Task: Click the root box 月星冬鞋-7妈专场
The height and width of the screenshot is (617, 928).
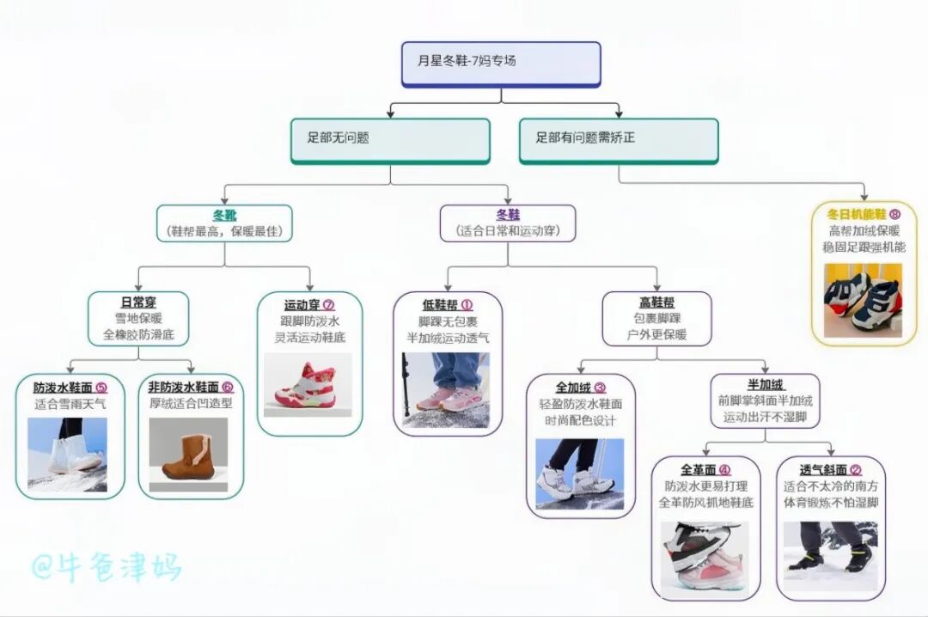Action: point(501,64)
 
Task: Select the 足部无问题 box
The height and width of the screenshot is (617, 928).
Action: point(390,139)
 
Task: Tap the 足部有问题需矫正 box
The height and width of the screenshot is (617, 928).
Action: point(618,139)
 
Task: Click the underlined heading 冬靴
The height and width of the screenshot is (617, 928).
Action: point(224,215)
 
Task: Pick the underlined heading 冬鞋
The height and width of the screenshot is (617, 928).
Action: point(508,215)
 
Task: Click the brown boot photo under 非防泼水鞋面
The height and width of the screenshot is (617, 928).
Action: point(188,455)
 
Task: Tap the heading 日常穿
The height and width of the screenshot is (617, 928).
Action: point(138,302)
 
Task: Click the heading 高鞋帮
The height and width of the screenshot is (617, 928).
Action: point(656,302)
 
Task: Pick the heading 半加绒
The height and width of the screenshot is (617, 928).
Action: point(766,384)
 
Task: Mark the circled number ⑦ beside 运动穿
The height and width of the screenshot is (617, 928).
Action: point(329,304)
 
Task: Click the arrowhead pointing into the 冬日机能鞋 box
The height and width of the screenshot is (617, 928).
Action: point(864,199)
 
